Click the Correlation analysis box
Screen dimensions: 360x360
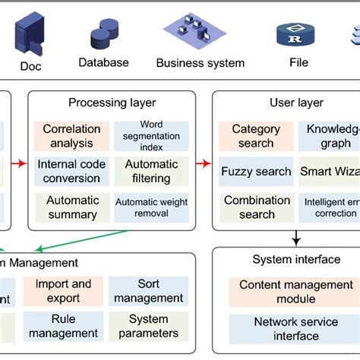click(68, 136)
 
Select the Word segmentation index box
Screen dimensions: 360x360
click(152, 136)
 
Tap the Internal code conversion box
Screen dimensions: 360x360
click(68, 172)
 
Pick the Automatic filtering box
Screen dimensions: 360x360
click(152, 172)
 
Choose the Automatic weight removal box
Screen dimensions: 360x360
click(152, 207)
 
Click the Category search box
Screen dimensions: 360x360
click(256, 136)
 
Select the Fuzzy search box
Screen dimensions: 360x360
click(256, 172)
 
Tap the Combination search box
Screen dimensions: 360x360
click(256, 207)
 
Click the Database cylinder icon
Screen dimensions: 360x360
click(104, 34)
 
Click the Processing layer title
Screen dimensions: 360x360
click(112, 103)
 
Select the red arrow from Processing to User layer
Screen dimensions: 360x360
click(203, 162)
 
